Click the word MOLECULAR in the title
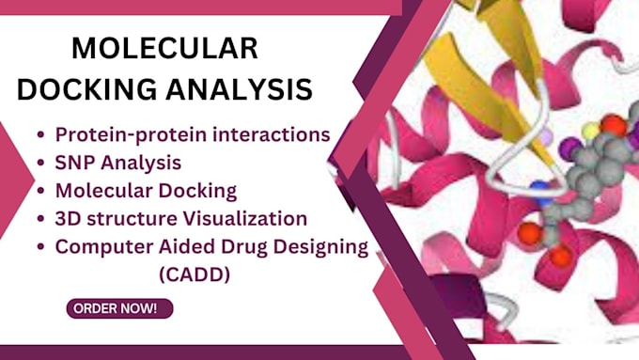coord(164,49)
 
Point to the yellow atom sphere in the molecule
coord(589,131)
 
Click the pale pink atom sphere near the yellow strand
coord(543,137)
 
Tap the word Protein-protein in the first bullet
coord(125,134)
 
